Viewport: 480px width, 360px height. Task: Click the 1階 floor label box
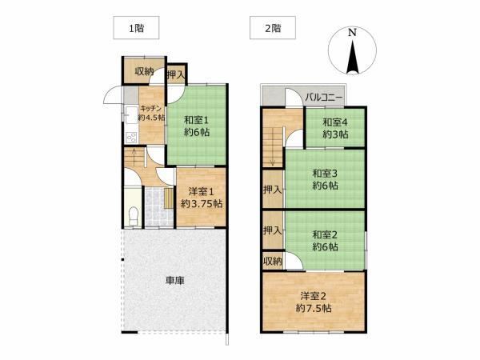pyautogui.click(x=136, y=28)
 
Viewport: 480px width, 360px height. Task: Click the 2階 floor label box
pyautogui.click(x=273, y=28)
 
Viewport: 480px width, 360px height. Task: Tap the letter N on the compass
pyautogui.click(x=352, y=33)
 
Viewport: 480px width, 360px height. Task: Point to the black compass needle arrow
pyautogui.click(x=352, y=57)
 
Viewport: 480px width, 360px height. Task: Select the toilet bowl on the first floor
pyautogui.click(x=134, y=216)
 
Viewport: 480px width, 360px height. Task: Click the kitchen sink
pyautogui.click(x=131, y=114)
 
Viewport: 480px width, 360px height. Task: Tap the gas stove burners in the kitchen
pyautogui.click(x=132, y=137)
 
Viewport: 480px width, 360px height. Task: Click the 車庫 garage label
pyautogui.click(x=174, y=281)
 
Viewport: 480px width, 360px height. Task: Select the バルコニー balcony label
pyautogui.click(x=323, y=98)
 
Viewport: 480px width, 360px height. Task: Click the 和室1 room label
pyautogui.click(x=197, y=120)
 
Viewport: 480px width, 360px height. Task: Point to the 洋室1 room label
pyautogui.click(x=201, y=192)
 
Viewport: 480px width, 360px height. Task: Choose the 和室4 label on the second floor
pyautogui.click(x=335, y=122)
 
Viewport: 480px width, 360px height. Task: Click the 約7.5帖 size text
pyautogui.click(x=314, y=308)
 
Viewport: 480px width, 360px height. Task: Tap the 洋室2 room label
pyautogui.click(x=313, y=296)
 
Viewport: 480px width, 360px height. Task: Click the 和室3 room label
pyautogui.click(x=325, y=174)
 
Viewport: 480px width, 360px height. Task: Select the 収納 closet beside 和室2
pyautogui.click(x=273, y=261)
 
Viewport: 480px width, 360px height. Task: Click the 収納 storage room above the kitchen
pyautogui.click(x=144, y=71)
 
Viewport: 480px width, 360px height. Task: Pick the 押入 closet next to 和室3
pyautogui.click(x=273, y=190)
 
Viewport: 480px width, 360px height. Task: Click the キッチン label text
pyautogui.click(x=150, y=108)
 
